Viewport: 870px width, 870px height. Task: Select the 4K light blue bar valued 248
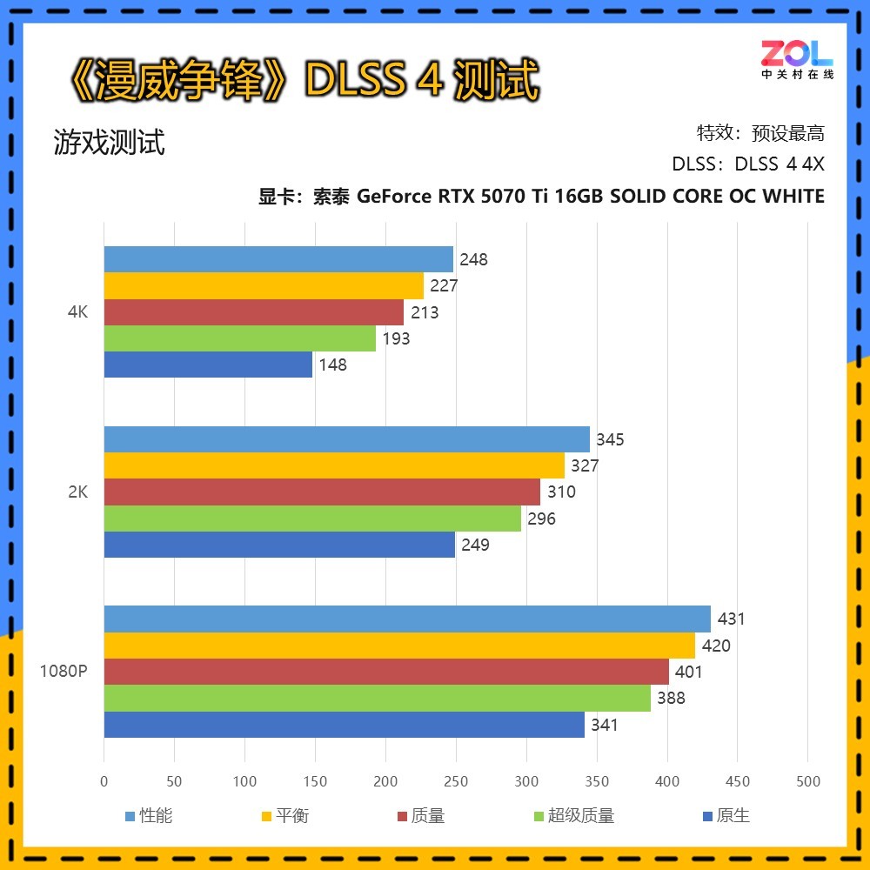tap(278, 259)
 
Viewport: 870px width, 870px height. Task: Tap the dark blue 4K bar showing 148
tap(208, 365)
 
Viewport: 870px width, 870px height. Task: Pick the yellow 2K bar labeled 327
tap(334, 465)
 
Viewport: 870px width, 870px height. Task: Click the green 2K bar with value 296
tap(312, 519)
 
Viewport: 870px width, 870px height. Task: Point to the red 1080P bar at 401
tap(386, 672)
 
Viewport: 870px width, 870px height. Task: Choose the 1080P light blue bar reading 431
tap(407, 619)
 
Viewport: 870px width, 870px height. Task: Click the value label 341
tap(604, 725)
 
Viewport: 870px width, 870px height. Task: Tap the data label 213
tap(425, 312)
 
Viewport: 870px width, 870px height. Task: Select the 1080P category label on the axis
tap(63, 672)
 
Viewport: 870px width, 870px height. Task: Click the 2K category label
tap(77, 492)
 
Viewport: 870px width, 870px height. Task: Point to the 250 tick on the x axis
tap(456, 781)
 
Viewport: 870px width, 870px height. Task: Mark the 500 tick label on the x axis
tap(807, 781)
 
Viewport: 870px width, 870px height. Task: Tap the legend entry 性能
tap(156, 816)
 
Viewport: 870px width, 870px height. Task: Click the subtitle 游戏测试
tap(109, 142)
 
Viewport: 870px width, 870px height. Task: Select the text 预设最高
tap(788, 133)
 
